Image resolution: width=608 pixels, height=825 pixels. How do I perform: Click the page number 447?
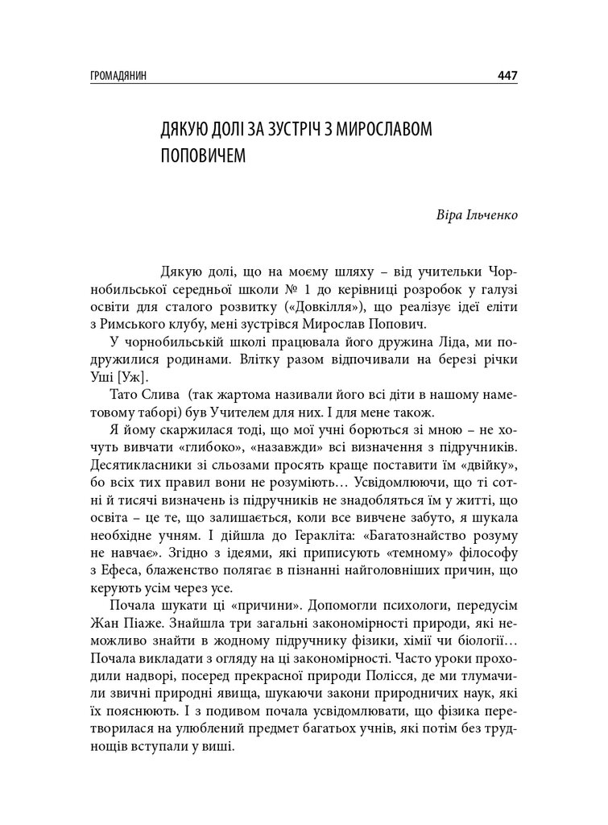tap(507, 76)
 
